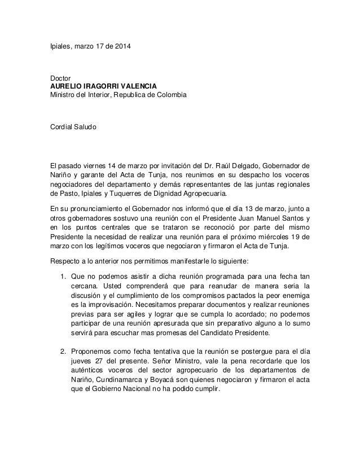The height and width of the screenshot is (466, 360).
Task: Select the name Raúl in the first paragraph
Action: (x=202, y=166)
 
